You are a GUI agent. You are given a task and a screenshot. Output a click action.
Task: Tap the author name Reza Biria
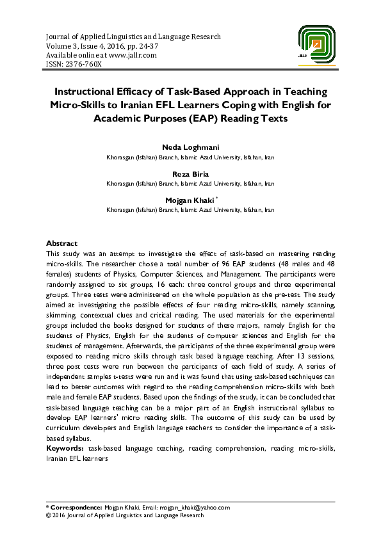click(x=190, y=174)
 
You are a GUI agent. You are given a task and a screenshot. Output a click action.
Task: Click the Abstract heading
click(x=61, y=244)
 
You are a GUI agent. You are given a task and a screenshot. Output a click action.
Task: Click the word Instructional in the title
click(x=93, y=92)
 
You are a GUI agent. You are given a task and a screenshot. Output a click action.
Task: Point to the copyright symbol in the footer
click(x=48, y=515)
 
